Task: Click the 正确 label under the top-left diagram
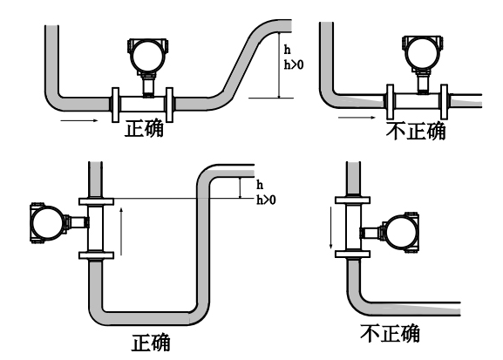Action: [x=144, y=129]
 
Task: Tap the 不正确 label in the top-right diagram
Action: [x=416, y=131]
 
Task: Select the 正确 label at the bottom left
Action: [x=151, y=343]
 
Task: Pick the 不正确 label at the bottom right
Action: [x=390, y=333]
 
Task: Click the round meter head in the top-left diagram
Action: [x=147, y=55]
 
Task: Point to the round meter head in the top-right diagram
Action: [x=422, y=52]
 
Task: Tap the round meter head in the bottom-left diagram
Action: [x=47, y=222]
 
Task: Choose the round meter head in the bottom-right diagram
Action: [x=402, y=232]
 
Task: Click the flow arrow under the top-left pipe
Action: [x=79, y=120]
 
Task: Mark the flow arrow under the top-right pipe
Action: [x=357, y=118]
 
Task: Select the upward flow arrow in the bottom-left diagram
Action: [x=121, y=231]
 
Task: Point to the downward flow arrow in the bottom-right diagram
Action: [x=331, y=228]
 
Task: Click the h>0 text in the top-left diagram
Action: [x=294, y=65]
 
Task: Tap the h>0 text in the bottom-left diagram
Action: [x=266, y=200]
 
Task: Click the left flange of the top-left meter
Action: [x=115, y=105]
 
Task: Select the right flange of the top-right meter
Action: [x=444, y=102]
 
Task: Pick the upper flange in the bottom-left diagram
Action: [x=96, y=201]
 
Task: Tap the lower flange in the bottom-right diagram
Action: [x=352, y=255]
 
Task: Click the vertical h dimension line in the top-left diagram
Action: [x=280, y=65]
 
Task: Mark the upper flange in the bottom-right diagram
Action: [x=352, y=200]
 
